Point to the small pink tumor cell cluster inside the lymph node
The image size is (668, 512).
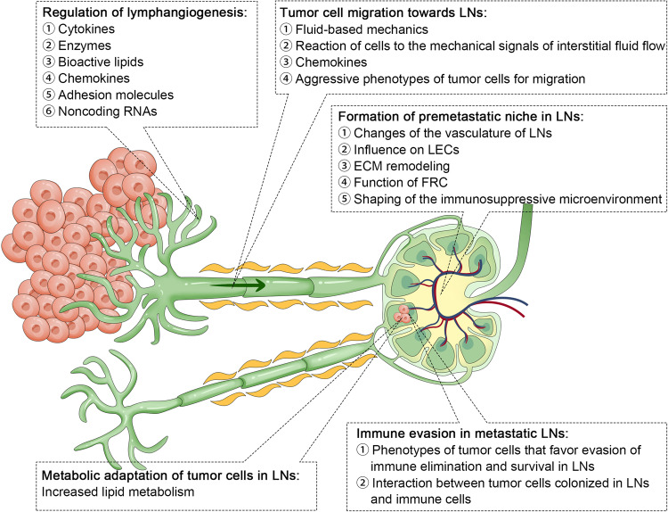pos(408,313)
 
